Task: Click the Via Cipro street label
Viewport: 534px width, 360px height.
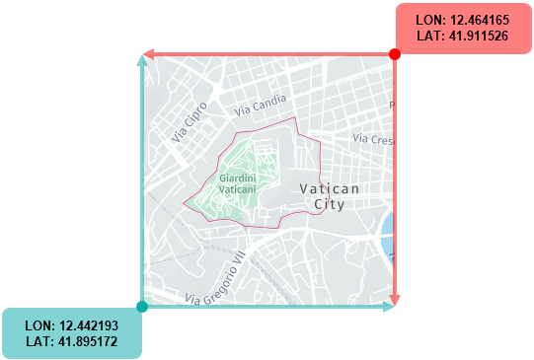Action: pyautogui.click(x=190, y=122)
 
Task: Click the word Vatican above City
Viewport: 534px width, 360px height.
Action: pyautogui.click(x=329, y=187)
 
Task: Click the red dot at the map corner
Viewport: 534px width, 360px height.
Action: pyautogui.click(x=395, y=54)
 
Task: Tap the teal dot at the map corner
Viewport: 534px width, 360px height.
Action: pyautogui.click(x=142, y=308)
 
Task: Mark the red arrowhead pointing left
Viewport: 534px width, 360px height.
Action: pyautogui.click(x=148, y=54)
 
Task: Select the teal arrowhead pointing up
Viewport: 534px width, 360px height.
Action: pyautogui.click(x=142, y=61)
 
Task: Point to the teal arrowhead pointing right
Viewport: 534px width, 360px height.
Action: pyautogui.click(x=388, y=308)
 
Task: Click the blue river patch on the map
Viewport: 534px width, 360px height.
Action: pyautogui.click(x=388, y=229)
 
